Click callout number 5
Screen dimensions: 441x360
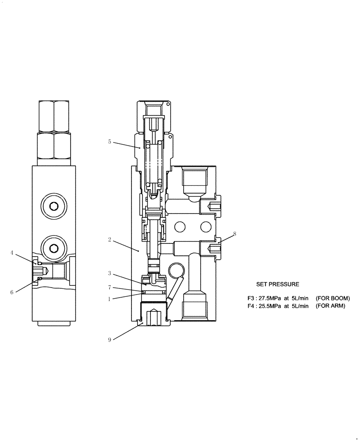109,142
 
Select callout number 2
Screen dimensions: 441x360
109,241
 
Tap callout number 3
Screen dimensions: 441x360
109,273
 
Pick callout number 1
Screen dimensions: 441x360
109,299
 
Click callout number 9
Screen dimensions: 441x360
109,339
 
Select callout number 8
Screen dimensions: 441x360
235,234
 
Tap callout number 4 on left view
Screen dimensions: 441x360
12,253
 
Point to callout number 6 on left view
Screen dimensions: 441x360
12,291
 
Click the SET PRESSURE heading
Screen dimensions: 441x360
277,284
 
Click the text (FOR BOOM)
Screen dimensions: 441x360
333,298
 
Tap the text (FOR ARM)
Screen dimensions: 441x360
330,306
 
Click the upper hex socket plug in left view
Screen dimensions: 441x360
54,206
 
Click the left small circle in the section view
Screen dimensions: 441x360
180,227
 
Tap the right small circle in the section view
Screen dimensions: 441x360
205,227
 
